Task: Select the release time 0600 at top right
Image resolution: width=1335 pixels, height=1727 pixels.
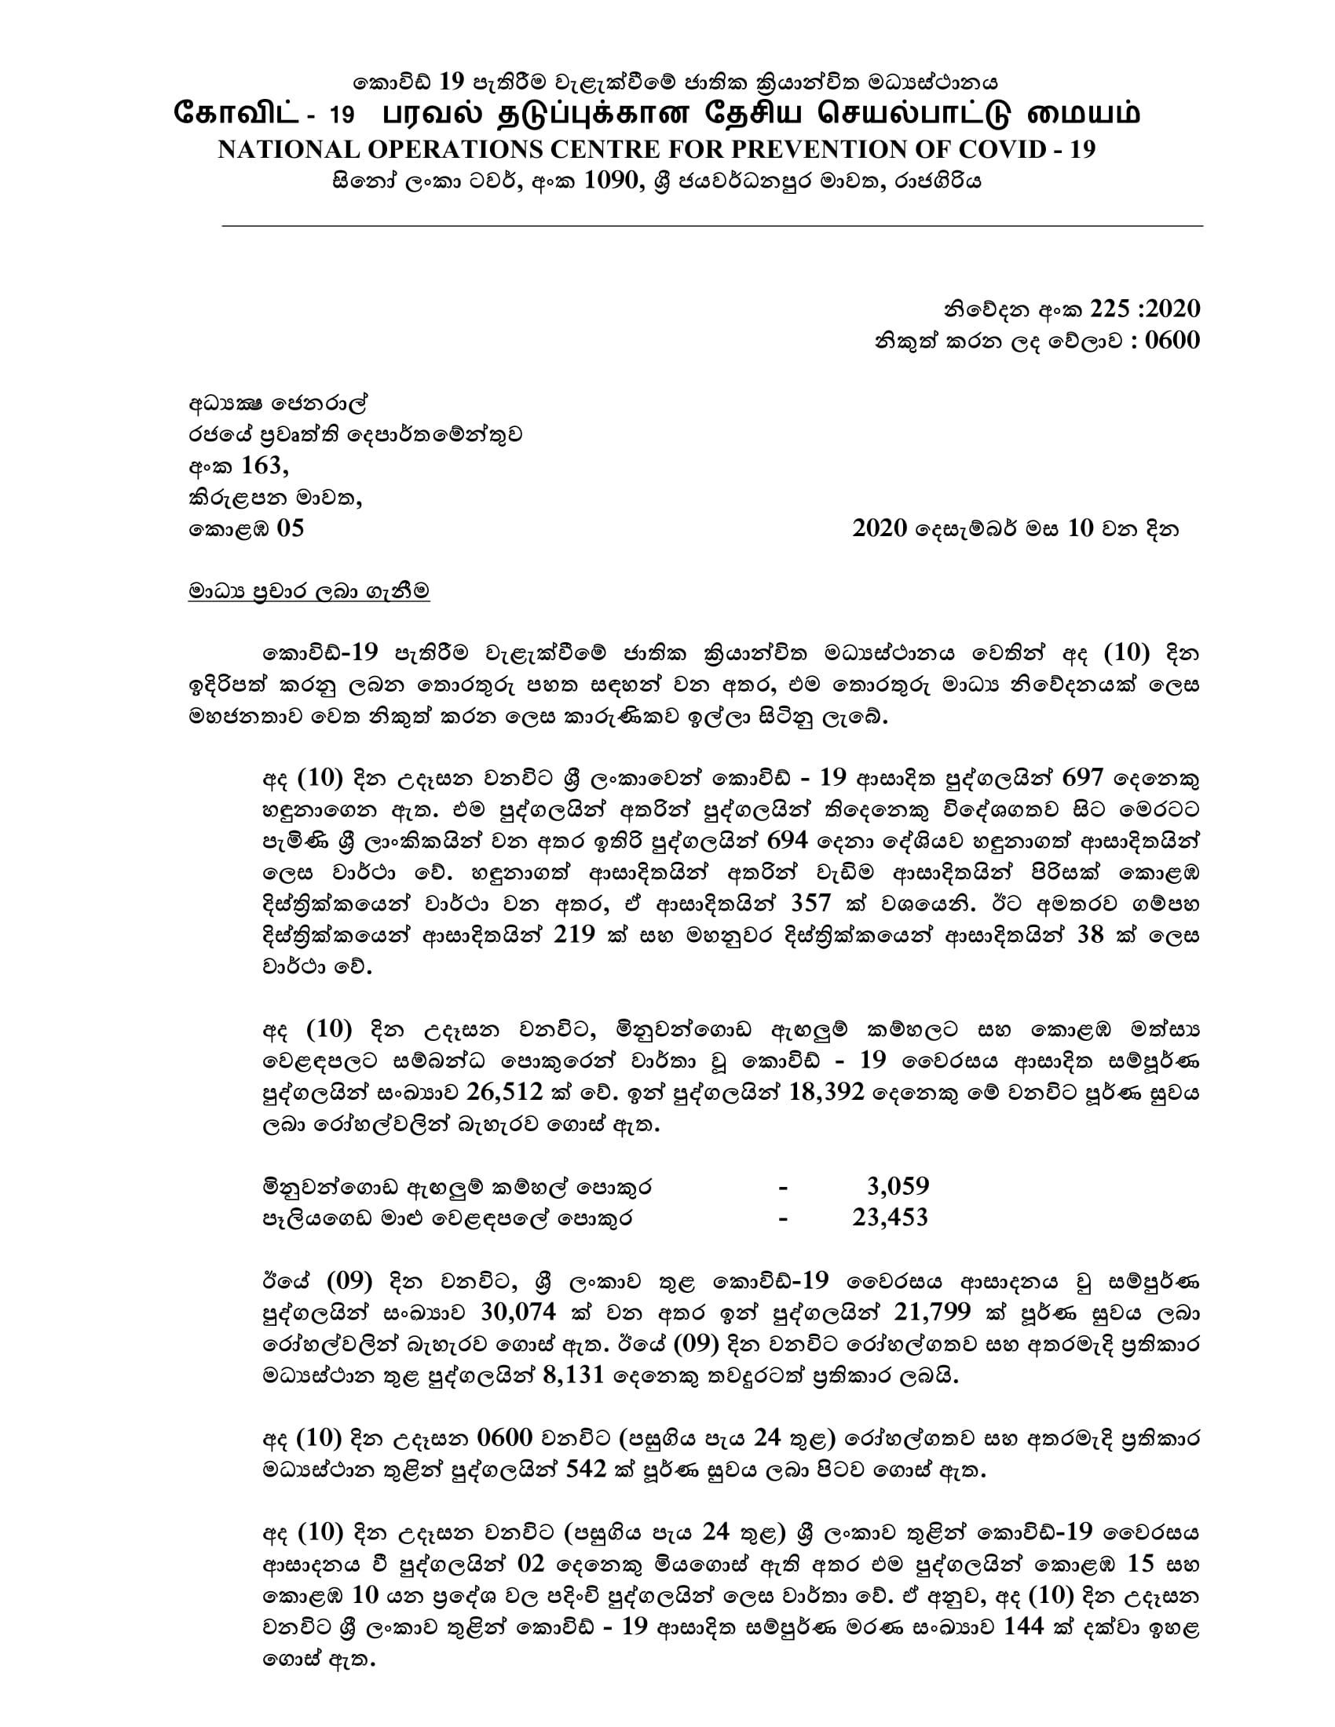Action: coord(1172,340)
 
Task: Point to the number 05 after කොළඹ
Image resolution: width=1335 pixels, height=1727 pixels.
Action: coord(290,528)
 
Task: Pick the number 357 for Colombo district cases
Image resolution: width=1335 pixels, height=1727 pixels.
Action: coord(810,903)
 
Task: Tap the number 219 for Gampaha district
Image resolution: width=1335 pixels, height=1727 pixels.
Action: coord(574,935)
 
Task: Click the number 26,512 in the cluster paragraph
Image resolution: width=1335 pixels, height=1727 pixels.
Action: coord(505,1092)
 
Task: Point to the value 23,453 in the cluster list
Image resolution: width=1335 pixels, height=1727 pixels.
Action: coord(890,1217)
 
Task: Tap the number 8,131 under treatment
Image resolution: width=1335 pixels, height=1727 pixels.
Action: coord(574,1375)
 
